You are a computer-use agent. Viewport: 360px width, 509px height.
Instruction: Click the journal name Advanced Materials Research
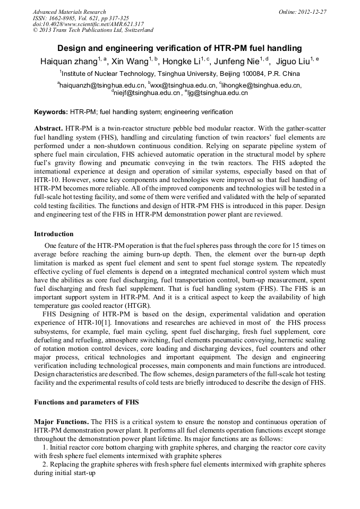[69, 12]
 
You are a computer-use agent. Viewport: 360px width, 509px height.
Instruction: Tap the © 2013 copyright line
[93, 30]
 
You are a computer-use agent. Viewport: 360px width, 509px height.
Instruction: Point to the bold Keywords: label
[51, 112]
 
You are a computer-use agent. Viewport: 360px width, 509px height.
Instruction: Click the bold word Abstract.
[49, 129]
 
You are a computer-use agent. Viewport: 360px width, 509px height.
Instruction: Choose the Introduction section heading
[54, 234]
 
